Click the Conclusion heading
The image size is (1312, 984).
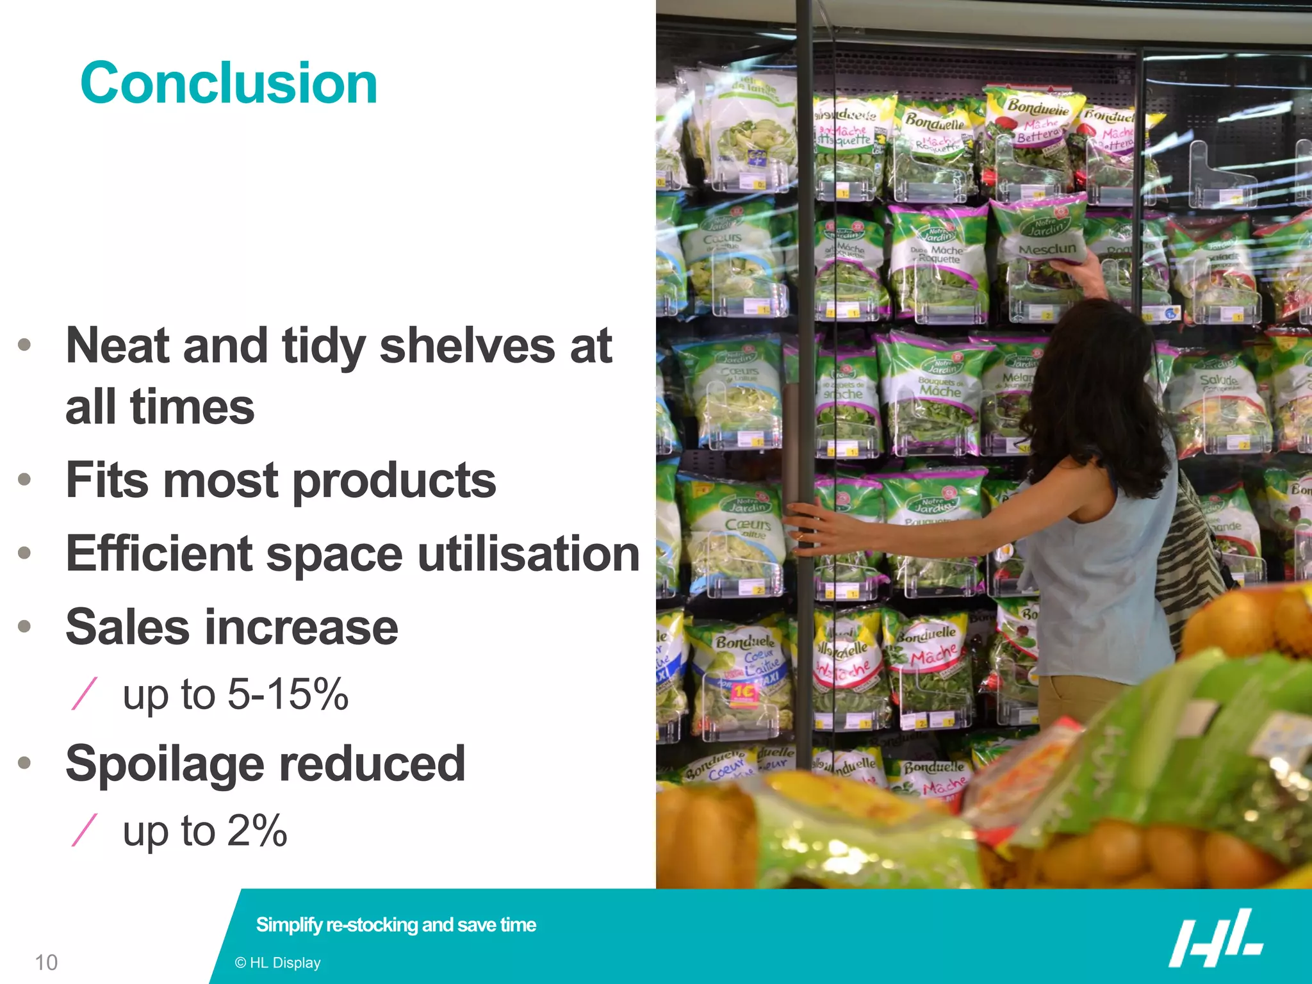pyautogui.click(x=229, y=83)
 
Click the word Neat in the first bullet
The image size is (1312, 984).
pyautogui.click(x=117, y=346)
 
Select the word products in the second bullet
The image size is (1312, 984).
pyautogui.click(x=394, y=480)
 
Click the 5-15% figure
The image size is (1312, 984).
pyautogui.click(x=288, y=694)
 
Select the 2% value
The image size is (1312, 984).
pyautogui.click(x=257, y=831)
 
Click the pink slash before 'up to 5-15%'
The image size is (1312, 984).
pyautogui.click(x=85, y=694)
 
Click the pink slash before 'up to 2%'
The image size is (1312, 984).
pyautogui.click(x=85, y=831)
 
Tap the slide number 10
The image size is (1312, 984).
pyautogui.click(x=46, y=962)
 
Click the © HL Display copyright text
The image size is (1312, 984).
pyautogui.click(x=277, y=962)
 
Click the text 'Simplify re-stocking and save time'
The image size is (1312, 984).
pyautogui.click(x=396, y=924)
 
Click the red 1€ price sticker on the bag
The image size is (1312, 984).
pyautogui.click(x=744, y=692)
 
